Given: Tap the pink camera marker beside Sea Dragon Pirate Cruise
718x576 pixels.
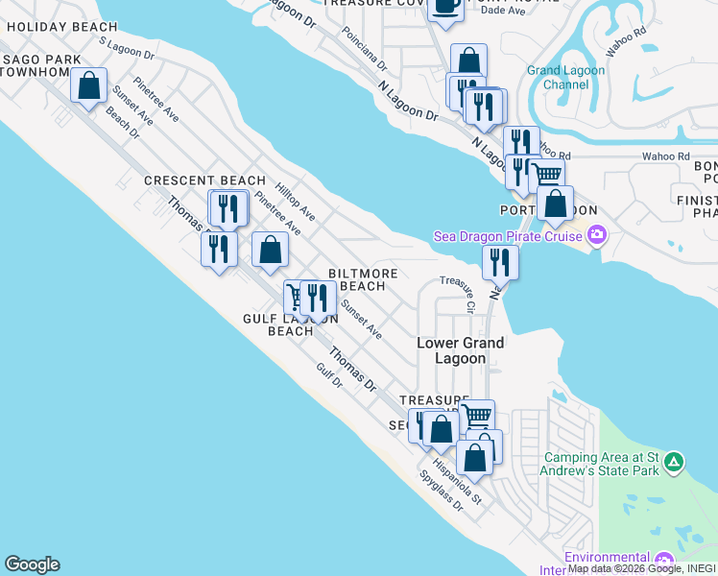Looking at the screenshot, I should tap(597, 235).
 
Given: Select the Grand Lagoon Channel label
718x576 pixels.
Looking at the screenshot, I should tap(566, 78).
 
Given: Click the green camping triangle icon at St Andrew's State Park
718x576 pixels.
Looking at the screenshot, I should tap(675, 463).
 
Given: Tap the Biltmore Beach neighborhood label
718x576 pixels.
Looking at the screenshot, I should tap(363, 279).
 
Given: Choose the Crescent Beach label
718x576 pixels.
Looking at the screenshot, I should tap(204, 180).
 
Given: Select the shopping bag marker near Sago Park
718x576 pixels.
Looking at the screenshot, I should tap(88, 85).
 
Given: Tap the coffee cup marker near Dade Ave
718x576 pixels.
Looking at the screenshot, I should tap(445, 6).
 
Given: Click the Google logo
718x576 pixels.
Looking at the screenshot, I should tap(32, 564).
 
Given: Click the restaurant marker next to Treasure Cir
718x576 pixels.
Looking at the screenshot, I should tap(500, 261).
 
